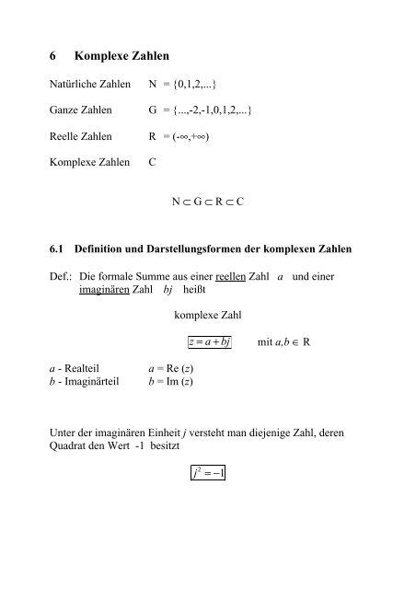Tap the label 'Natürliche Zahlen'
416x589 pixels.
point(87,86)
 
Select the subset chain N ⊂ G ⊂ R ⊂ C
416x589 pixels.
point(207,201)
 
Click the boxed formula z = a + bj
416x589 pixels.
point(207,342)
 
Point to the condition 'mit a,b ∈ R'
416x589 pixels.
point(283,342)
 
